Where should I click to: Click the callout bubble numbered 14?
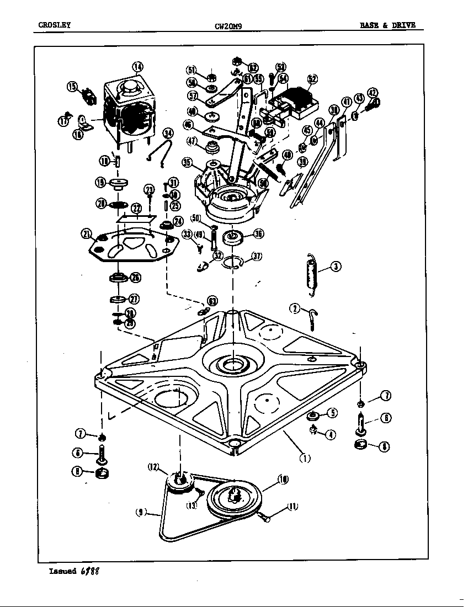[137, 67]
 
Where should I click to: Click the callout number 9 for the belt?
[141, 512]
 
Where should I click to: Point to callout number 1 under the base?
[305, 457]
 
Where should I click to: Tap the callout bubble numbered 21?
[87, 234]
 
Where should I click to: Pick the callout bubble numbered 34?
[168, 133]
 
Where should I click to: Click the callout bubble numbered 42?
[372, 93]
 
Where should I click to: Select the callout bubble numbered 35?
[188, 162]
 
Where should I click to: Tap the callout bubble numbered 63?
[212, 301]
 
